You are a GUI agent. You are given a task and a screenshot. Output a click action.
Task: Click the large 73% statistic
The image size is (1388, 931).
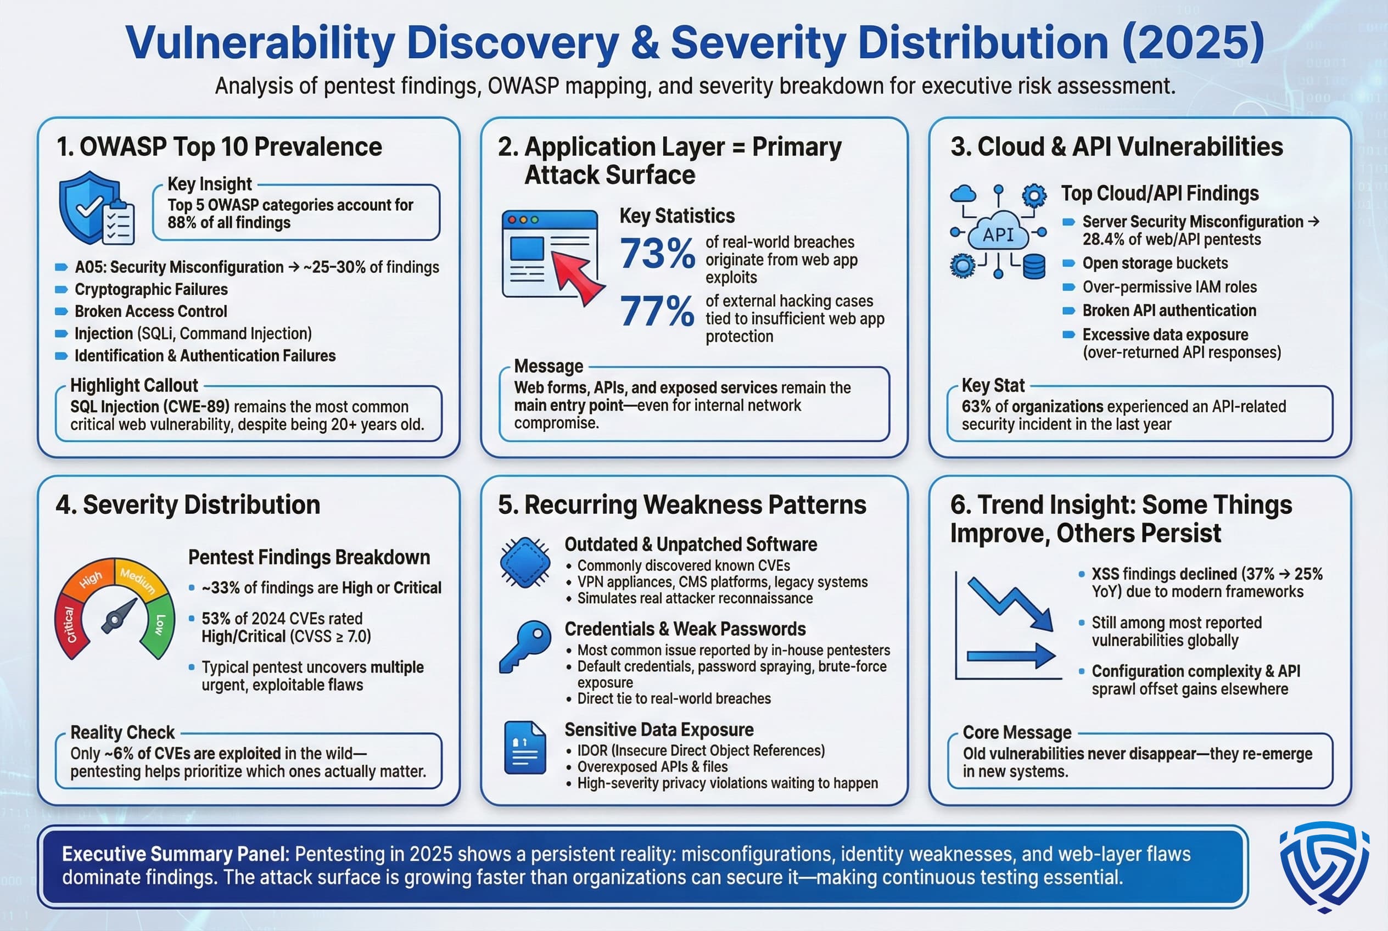click(x=657, y=254)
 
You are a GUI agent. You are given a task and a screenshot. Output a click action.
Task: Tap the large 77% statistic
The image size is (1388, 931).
click(x=657, y=312)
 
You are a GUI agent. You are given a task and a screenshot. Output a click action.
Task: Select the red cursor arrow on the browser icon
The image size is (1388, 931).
click(x=576, y=276)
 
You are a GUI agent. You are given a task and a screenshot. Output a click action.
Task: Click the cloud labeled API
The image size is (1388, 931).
click(x=998, y=234)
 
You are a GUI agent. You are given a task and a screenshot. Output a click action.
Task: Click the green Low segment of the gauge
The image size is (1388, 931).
click(x=159, y=626)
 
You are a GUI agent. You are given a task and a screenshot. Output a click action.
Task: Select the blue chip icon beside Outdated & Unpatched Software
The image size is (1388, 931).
click(x=524, y=562)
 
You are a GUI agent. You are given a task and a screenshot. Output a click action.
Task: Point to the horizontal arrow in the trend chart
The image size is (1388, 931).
click(x=1010, y=656)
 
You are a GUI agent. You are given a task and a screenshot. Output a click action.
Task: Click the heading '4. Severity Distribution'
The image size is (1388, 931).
click(x=188, y=504)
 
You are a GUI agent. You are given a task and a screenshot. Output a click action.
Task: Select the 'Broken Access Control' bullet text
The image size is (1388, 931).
click(x=151, y=311)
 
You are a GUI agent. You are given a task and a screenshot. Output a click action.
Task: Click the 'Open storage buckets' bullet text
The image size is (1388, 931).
click(x=1155, y=263)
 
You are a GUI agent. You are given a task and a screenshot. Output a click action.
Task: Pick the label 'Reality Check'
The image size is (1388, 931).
click(x=122, y=732)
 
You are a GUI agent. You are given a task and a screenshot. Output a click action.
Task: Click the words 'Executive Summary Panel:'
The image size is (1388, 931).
click(x=175, y=854)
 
